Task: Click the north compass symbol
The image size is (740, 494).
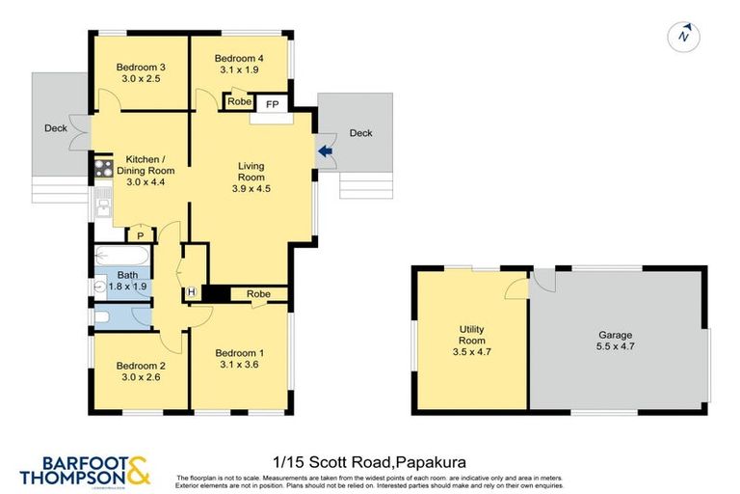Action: pyautogui.click(x=683, y=37)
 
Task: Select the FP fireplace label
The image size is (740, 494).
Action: pyautogui.click(x=272, y=102)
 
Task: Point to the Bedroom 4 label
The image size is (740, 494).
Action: pyautogui.click(x=238, y=58)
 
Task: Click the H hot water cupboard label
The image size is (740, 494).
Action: pyautogui.click(x=191, y=292)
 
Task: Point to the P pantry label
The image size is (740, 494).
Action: pyautogui.click(x=140, y=235)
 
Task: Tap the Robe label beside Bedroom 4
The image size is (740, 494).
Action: pyautogui.click(x=239, y=101)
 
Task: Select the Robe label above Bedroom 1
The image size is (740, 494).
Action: pyautogui.click(x=257, y=294)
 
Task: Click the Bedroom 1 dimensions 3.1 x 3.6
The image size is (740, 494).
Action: pyautogui.click(x=238, y=366)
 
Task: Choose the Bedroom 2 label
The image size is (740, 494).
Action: pyautogui.click(x=141, y=367)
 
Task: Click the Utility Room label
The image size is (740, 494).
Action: pyautogui.click(x=470, y=335)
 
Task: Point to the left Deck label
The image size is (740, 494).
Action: pyautogui.click(x=55, y=128)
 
